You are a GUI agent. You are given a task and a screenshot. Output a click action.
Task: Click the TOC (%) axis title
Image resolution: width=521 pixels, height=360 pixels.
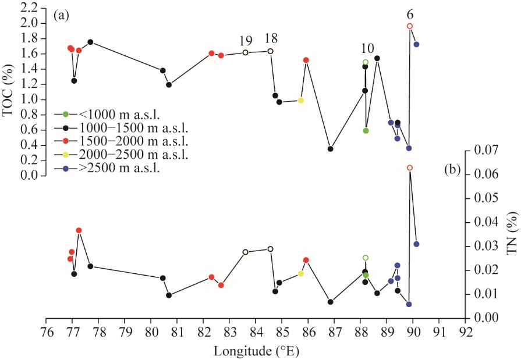point(8,90)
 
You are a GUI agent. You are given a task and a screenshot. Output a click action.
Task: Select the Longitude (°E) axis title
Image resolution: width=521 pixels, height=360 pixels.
point(256,351)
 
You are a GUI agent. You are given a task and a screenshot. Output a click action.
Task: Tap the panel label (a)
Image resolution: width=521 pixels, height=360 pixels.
point(61,16)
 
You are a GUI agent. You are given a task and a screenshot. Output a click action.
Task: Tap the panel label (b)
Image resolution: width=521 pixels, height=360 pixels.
point(452,169)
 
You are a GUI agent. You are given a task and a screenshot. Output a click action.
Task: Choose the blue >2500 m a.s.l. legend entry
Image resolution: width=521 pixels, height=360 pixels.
point(107,168)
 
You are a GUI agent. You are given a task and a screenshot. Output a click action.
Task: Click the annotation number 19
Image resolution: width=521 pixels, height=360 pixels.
point(246,41)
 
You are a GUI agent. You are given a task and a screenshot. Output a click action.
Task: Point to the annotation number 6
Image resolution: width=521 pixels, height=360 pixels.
point(410,15)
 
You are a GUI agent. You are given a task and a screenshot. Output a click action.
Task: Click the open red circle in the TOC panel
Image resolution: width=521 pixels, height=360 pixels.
point(410,26)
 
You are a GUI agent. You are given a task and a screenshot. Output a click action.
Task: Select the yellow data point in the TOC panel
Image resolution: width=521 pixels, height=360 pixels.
point(301,100)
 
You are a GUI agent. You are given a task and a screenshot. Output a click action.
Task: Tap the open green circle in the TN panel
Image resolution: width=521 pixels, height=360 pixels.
point(366,258)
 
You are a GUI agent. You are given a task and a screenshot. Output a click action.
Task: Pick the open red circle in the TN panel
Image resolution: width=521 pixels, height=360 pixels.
point(410,167)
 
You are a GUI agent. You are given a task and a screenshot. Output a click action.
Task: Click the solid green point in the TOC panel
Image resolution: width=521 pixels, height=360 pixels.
point(366,131)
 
